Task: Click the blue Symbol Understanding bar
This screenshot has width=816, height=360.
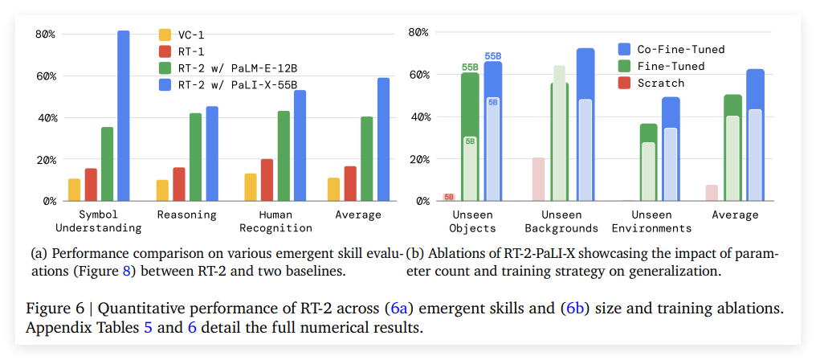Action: (x=123, y=116)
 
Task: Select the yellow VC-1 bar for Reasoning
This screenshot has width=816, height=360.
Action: (x=162, y=190)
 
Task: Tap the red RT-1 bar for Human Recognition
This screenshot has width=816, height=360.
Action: (x=267, y=180)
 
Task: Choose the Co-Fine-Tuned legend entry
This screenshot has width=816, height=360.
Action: (x=679, y=49)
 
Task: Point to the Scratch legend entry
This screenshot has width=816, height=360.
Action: (x=660, y=83)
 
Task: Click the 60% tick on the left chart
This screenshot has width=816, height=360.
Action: (x=45, y=76)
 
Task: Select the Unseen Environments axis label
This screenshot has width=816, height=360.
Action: (x=651, y=221)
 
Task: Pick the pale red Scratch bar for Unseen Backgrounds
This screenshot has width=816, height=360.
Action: (x=538, y=179)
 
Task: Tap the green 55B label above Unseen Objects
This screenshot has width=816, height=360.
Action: (x=470, y=67)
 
